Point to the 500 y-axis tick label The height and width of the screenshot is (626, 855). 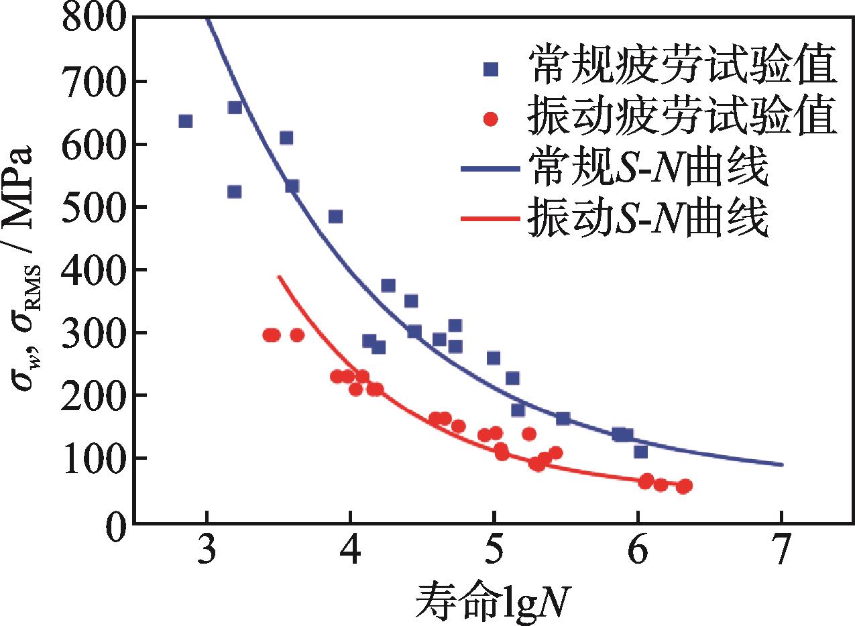(93, 207)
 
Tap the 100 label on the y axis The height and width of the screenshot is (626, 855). (93, 458)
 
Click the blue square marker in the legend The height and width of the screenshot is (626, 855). (492, 68)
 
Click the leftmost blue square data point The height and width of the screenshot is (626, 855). (186, 121)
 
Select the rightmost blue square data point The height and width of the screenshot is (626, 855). (640, 451)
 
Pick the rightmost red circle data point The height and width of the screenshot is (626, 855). (684, 486)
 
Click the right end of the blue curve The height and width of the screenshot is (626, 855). (782, 464)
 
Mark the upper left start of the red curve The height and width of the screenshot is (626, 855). (279, 275)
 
